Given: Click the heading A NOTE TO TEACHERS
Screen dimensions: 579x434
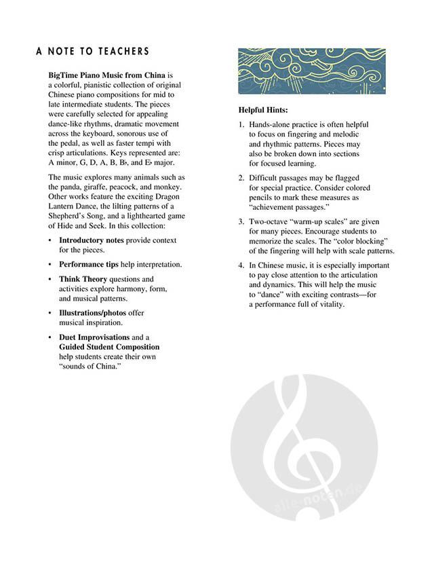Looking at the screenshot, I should pos(93,52).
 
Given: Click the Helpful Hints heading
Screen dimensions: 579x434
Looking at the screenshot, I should pos(263,110).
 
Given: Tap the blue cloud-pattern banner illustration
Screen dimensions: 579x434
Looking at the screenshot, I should pos(311,71).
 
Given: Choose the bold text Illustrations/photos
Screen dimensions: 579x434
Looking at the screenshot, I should pos(92,313).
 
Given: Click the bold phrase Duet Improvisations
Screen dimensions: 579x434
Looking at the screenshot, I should pos(94,337).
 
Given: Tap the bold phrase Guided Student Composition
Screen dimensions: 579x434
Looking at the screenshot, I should pos(109,347).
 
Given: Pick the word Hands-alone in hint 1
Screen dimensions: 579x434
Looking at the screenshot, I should pos(270,126).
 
